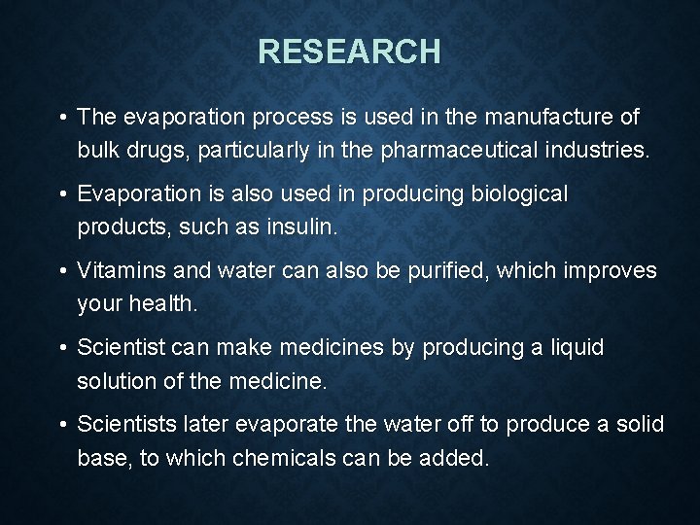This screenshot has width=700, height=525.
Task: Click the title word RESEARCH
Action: point(349,51)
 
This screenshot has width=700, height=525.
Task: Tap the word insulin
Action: point(304,228)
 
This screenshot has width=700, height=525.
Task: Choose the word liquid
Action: point(576,347)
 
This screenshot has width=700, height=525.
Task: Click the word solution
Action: point(116,381)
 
